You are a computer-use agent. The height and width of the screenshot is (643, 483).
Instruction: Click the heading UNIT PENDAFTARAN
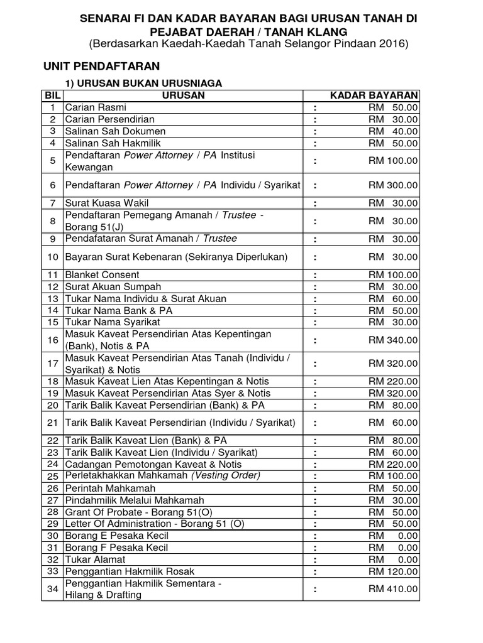pyautogui.click(x=101, y=66)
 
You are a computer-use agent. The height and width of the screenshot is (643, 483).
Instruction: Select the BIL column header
pyautogui.click(x=52, y=95)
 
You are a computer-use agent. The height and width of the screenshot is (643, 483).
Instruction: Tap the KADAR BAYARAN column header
pyautogui.click(x=374, y=95)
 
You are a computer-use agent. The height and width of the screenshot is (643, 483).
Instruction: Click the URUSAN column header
pyautogui.click(x=183, y=95)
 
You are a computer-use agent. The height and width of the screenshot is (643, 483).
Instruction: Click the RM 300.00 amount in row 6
pyautogui.click(x=392, y=185)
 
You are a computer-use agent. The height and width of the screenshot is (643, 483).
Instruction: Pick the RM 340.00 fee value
pyautogui.click(x=392, y=340)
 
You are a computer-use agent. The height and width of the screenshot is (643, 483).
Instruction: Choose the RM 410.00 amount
pyautogui.click(x=392, y=588)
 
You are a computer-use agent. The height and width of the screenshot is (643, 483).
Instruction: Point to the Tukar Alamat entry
pyautogui.click(x=95, y=559)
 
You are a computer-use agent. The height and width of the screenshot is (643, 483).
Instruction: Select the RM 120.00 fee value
pyautogui.click(x=392, y=571)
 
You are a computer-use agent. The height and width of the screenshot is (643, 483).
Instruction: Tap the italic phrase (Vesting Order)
pyautogui.click(x=226, y=475)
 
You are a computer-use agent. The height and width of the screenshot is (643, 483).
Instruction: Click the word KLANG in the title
pyautogui.click(x=323, y=31)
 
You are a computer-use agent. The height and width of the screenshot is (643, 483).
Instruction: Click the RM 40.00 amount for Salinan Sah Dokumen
pyautogui.click(x=392, y=131)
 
